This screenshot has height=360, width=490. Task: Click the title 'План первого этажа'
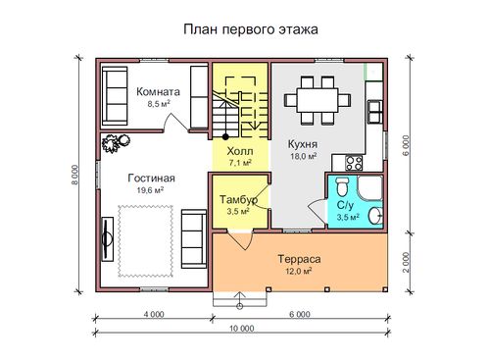pyautogui.click(x=251, y=29)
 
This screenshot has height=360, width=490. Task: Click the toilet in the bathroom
pyautogui.click(x=342, y=187)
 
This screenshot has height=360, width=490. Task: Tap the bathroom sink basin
pyautogui.click(x=375, y=216)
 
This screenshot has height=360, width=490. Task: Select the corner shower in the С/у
pyautogui.click(x=370, y=187)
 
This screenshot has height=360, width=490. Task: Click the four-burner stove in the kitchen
pyautogui.click(x=354, y=163)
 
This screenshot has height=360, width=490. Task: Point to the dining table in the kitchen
pyautogui.click(x=318, y=100)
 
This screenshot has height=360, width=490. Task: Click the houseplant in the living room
pyautogui.click(x=116, y=143)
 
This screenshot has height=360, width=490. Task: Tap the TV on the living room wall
pyautogui.click(x=107, y=238)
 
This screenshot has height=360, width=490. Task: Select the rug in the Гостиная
pyautogui.click(x=145, y=241)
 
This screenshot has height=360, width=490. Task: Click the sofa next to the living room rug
pyautogui.click(x=194, y=239)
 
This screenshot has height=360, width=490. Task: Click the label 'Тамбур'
pyautogui.click(x=238, y=199)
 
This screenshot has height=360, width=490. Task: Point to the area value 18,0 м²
pyautogui.click(x=304, y=156)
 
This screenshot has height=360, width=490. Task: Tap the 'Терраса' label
pyautogui.click(x=299, y=259)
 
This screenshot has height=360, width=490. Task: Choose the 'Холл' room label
pyautogui.click(x=240, y=151)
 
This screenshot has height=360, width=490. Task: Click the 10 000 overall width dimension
pyautogui.click(x=242, y=329)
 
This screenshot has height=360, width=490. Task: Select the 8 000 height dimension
pyautogui.click(x=75, y=176)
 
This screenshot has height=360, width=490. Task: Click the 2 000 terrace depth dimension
pyautogui.click(x=406, y=262)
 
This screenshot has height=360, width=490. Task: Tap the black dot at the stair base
pyautogui.click(x=225, y=136)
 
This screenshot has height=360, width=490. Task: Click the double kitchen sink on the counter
pyautogui.click(x=375, y=112)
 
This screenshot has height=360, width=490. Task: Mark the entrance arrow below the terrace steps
pyautogui.click(x=240, y=300)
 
